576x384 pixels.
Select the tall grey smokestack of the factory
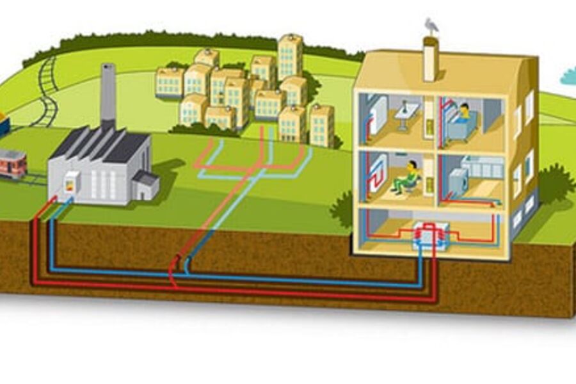click(108, 96)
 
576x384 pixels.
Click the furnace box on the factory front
click(71, 182)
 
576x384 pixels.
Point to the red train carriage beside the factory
click(12, 163)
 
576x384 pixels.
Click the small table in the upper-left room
click(406, 115)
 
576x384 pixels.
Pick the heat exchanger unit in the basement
click(430, 236)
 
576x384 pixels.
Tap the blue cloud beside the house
click(568, 77)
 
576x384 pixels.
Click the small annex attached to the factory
click(146, 186)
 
